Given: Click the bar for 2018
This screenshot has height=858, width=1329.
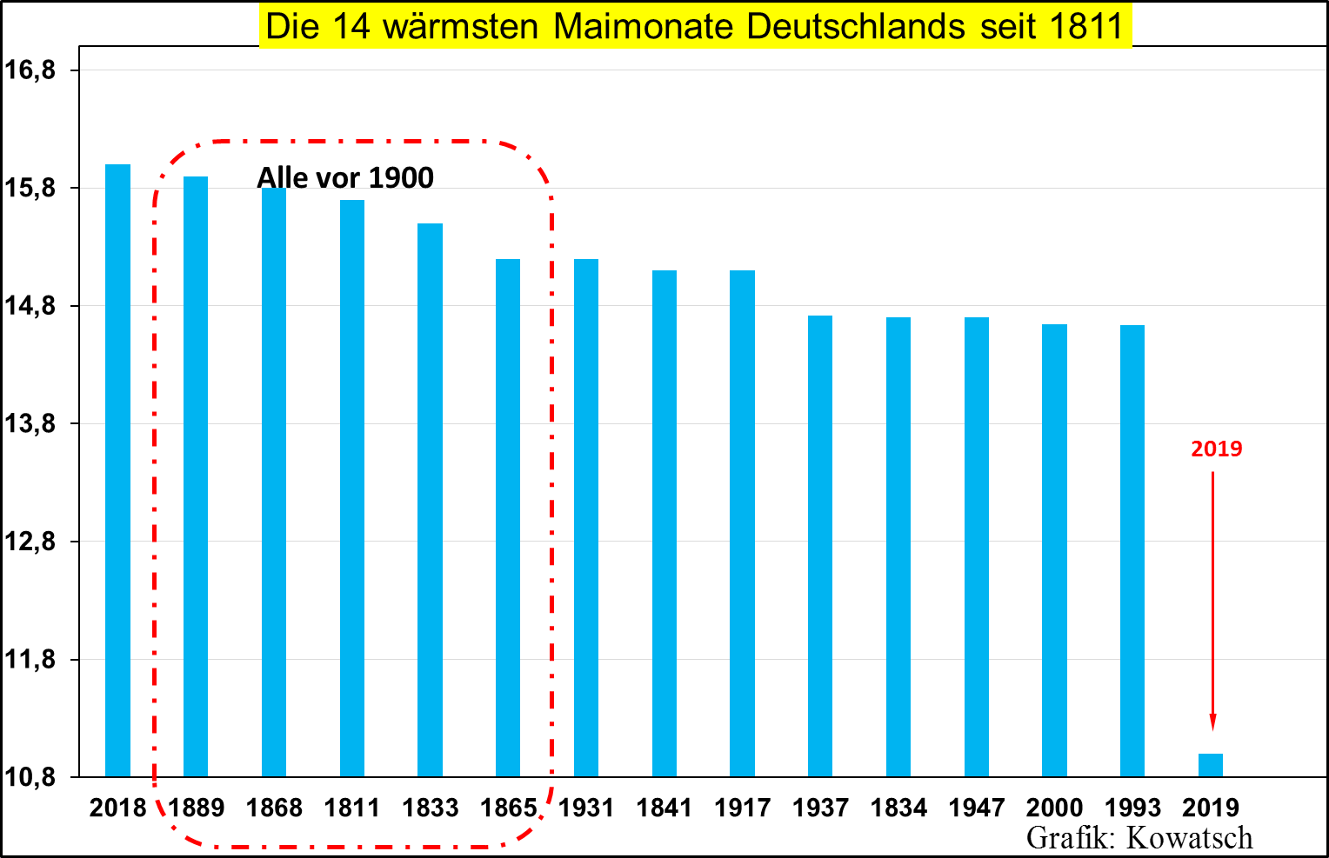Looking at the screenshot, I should click(117, 469).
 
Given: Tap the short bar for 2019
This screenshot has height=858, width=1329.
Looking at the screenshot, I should click(1211, 765).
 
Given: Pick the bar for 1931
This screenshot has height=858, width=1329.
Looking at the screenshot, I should click(586, 517).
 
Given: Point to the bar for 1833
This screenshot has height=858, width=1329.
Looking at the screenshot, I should click(430, 500).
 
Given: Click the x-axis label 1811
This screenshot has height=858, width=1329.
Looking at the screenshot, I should click(352, 808).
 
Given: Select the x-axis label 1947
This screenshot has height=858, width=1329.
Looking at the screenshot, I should click(977, 808).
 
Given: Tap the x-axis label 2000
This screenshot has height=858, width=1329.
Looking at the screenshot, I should click(1054, 808).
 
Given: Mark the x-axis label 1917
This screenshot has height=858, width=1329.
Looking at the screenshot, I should click(743, 808).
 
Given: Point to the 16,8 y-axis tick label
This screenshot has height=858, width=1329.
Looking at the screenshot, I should click(30, 70).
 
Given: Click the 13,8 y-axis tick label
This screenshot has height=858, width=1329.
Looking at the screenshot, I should click(30, 424).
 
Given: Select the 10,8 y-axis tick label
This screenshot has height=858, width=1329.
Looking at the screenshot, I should click(30, 777).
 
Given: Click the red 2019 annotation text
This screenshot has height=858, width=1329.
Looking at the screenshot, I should click(1216, 449).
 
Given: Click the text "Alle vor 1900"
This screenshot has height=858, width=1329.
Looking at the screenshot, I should click(345, 177).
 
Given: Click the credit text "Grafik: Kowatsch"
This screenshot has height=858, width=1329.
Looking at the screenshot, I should click(1139, 837).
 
